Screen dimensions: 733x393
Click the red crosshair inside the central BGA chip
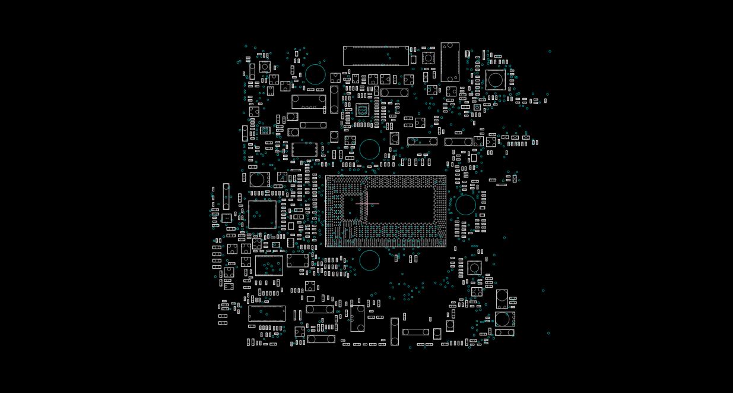tap(368, 204)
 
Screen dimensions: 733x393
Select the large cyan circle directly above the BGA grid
tap(369, 149)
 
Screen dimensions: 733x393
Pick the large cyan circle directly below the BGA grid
tap(369, 260)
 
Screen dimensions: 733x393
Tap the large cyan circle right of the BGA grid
tap(465, 205)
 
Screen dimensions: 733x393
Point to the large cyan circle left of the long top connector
tap(315, 74)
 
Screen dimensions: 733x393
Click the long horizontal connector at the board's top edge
tap(376, 56)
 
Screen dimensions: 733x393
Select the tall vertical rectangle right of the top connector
tap(450, 62)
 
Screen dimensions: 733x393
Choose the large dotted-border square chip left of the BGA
tap(262, 215)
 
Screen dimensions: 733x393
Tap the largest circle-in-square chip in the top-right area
tap(496, 80)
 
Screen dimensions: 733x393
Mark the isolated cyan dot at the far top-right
tap(550, 51)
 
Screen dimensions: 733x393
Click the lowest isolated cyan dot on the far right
tap(548, 333)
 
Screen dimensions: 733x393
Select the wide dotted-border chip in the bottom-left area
tap(266, 313)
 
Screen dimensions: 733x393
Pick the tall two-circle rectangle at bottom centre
tap(357, 318)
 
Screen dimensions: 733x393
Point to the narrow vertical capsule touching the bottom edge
tap(395, 331)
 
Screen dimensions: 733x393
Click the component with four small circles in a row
tap(309, 102)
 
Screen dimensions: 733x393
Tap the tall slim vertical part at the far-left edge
tap(226, 196)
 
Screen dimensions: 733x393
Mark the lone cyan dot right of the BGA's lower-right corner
tap(504, 238)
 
